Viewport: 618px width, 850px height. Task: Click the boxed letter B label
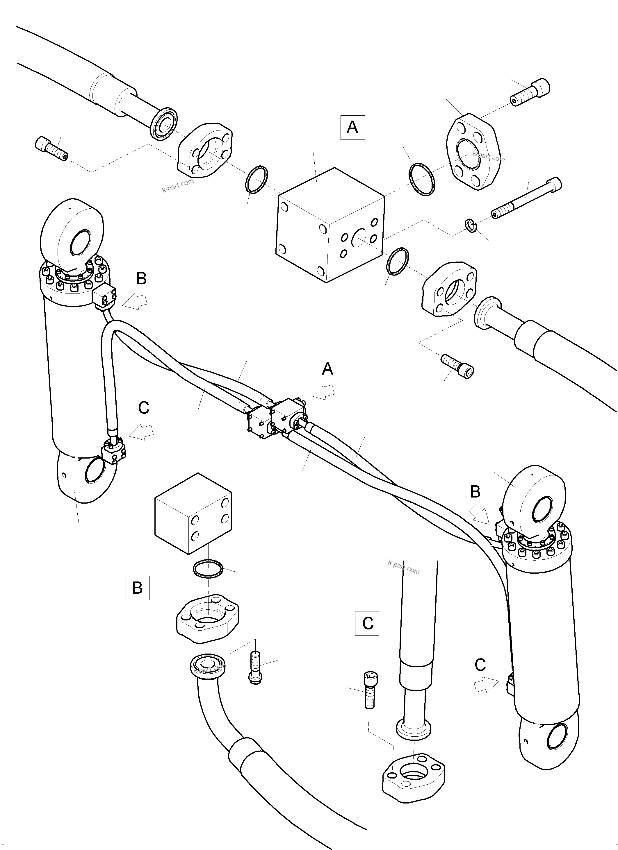137,588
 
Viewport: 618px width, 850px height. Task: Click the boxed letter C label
367,623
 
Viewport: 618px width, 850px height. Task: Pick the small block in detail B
193,513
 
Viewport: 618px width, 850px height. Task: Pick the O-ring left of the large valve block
257,180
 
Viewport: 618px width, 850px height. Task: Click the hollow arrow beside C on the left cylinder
141,432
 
